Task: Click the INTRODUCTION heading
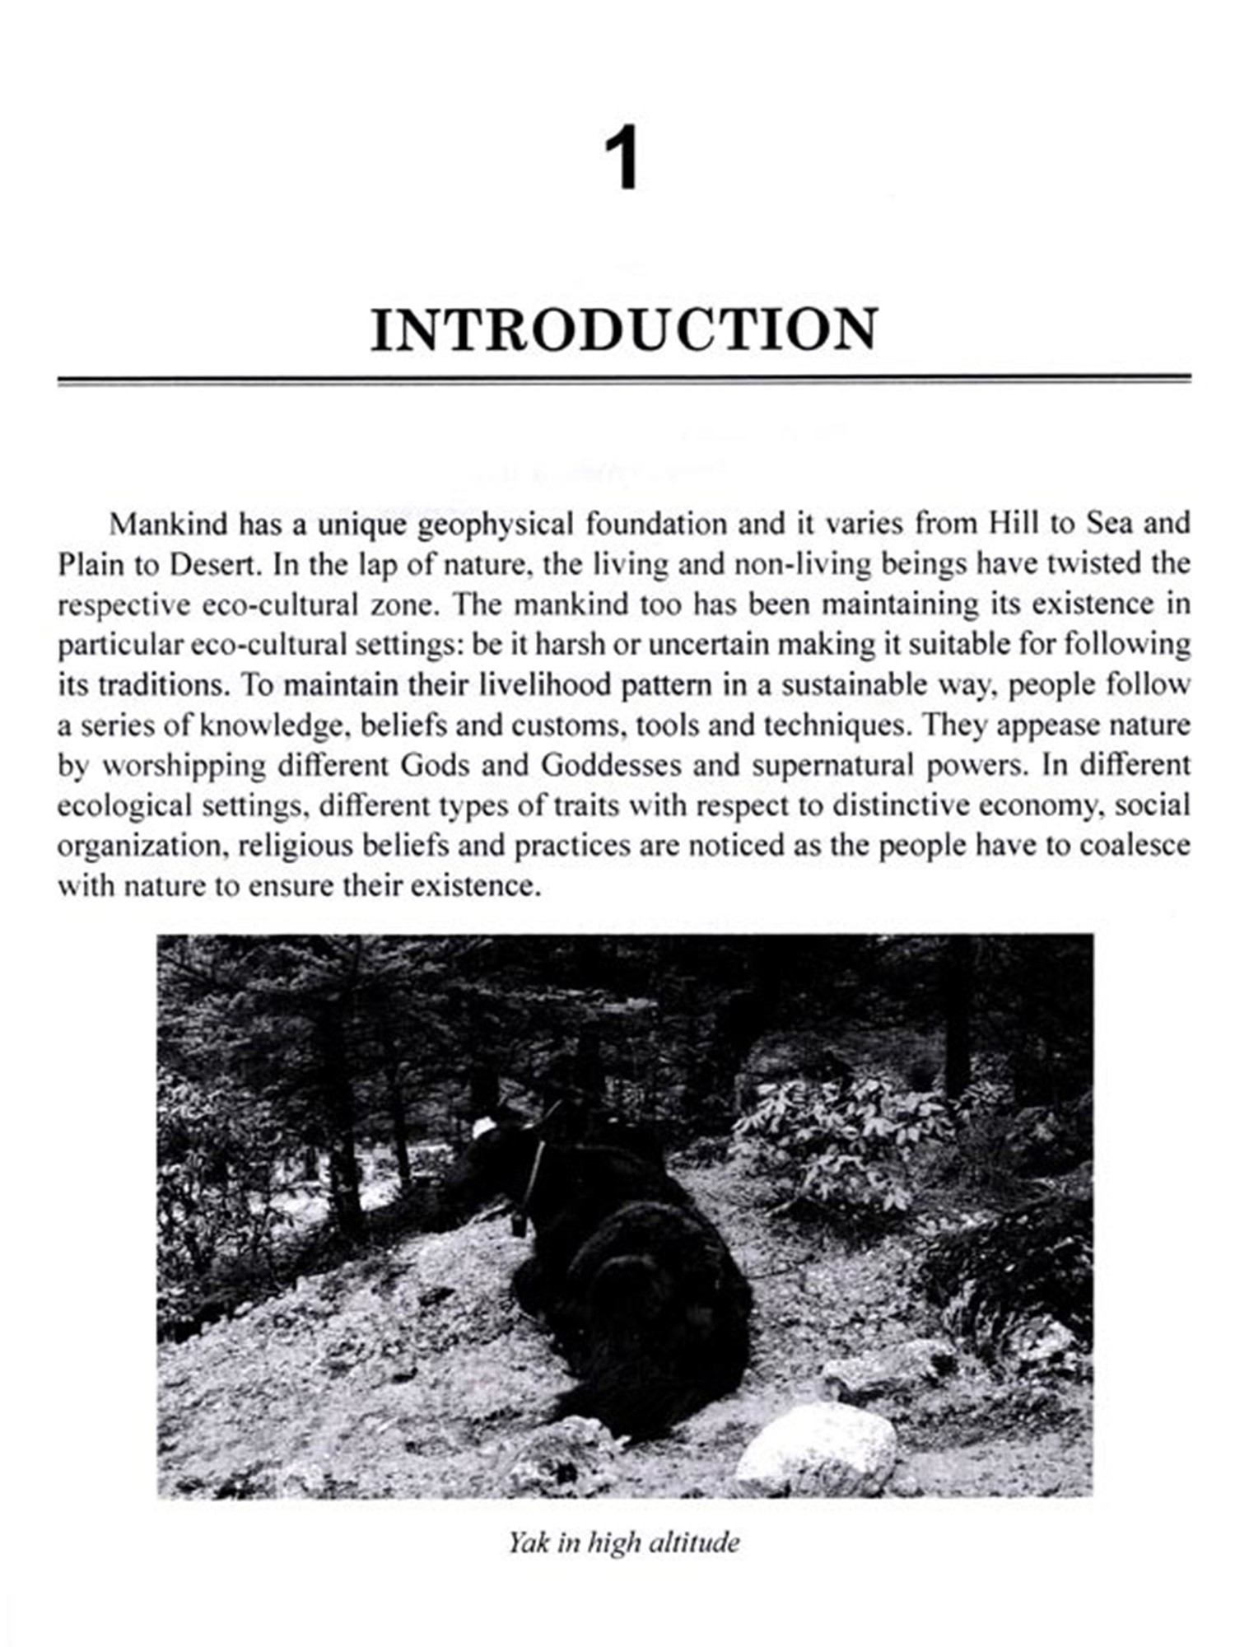pyautogui.click(x=624, y=331)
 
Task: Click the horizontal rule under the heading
pyautogui.click(x=623, y=380)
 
